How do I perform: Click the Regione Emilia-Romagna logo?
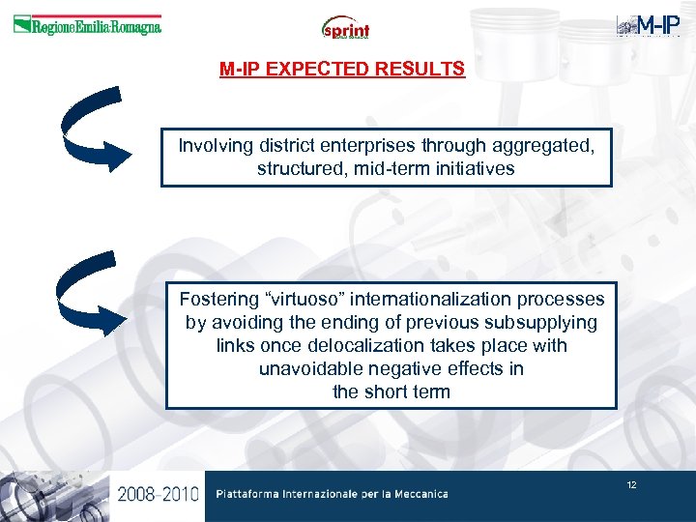point(87,25)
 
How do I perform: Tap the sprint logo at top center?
point(346,28)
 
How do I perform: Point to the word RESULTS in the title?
point(425,71)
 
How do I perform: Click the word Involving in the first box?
point(217,146)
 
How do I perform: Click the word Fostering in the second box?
point(217,299)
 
